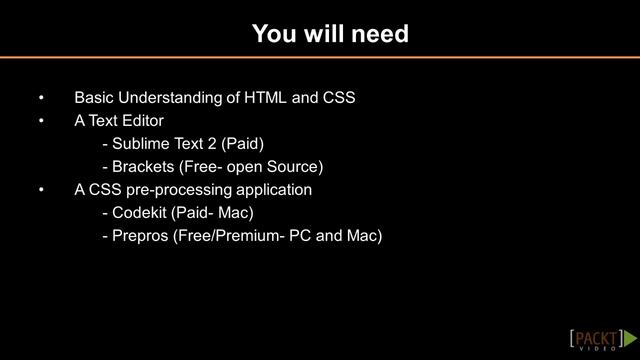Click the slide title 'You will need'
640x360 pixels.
click(330, 34)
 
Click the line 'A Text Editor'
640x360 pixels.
click(119, 121)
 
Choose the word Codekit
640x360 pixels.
click(140, 213)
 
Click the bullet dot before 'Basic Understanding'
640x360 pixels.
click(41, 99)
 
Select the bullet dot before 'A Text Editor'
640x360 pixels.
click(41, 122)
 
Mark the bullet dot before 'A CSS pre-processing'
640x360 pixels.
click(41, 190)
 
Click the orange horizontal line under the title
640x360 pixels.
click(320, 58)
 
